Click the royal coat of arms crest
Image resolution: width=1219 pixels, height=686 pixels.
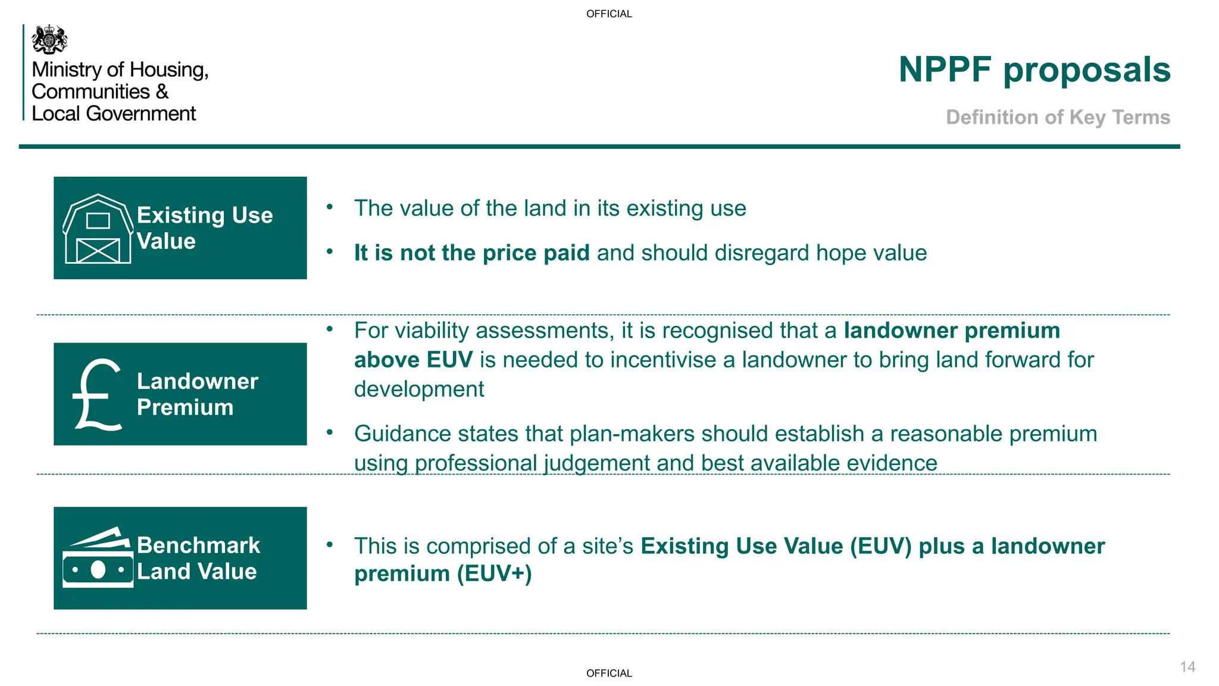pos(49,40)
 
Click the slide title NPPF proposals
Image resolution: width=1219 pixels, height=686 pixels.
pos(1034,70)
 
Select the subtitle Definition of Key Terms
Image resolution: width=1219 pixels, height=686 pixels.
pos(1058,117)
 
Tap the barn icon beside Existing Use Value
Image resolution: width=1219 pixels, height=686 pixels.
pos(98,229)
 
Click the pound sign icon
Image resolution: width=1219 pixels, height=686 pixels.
pos(98,394)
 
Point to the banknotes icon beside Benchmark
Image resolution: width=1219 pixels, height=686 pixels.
pos(98,558)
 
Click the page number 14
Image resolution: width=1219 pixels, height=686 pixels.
pos(1187,667)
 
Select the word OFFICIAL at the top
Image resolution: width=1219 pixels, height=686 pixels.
pos(609,14)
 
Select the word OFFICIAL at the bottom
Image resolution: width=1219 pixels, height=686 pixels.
pos(609,673)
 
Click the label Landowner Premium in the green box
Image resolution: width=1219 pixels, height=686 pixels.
pos(197,394)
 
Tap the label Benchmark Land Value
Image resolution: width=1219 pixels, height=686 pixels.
pos(198,558)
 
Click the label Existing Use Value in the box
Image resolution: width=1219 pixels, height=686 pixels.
pos(204,228)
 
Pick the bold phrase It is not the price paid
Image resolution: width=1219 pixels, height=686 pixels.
pos(471,253)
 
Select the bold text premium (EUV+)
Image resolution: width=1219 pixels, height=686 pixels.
pos(443,574)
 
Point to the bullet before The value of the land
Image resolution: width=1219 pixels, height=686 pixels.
pos(330,207)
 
